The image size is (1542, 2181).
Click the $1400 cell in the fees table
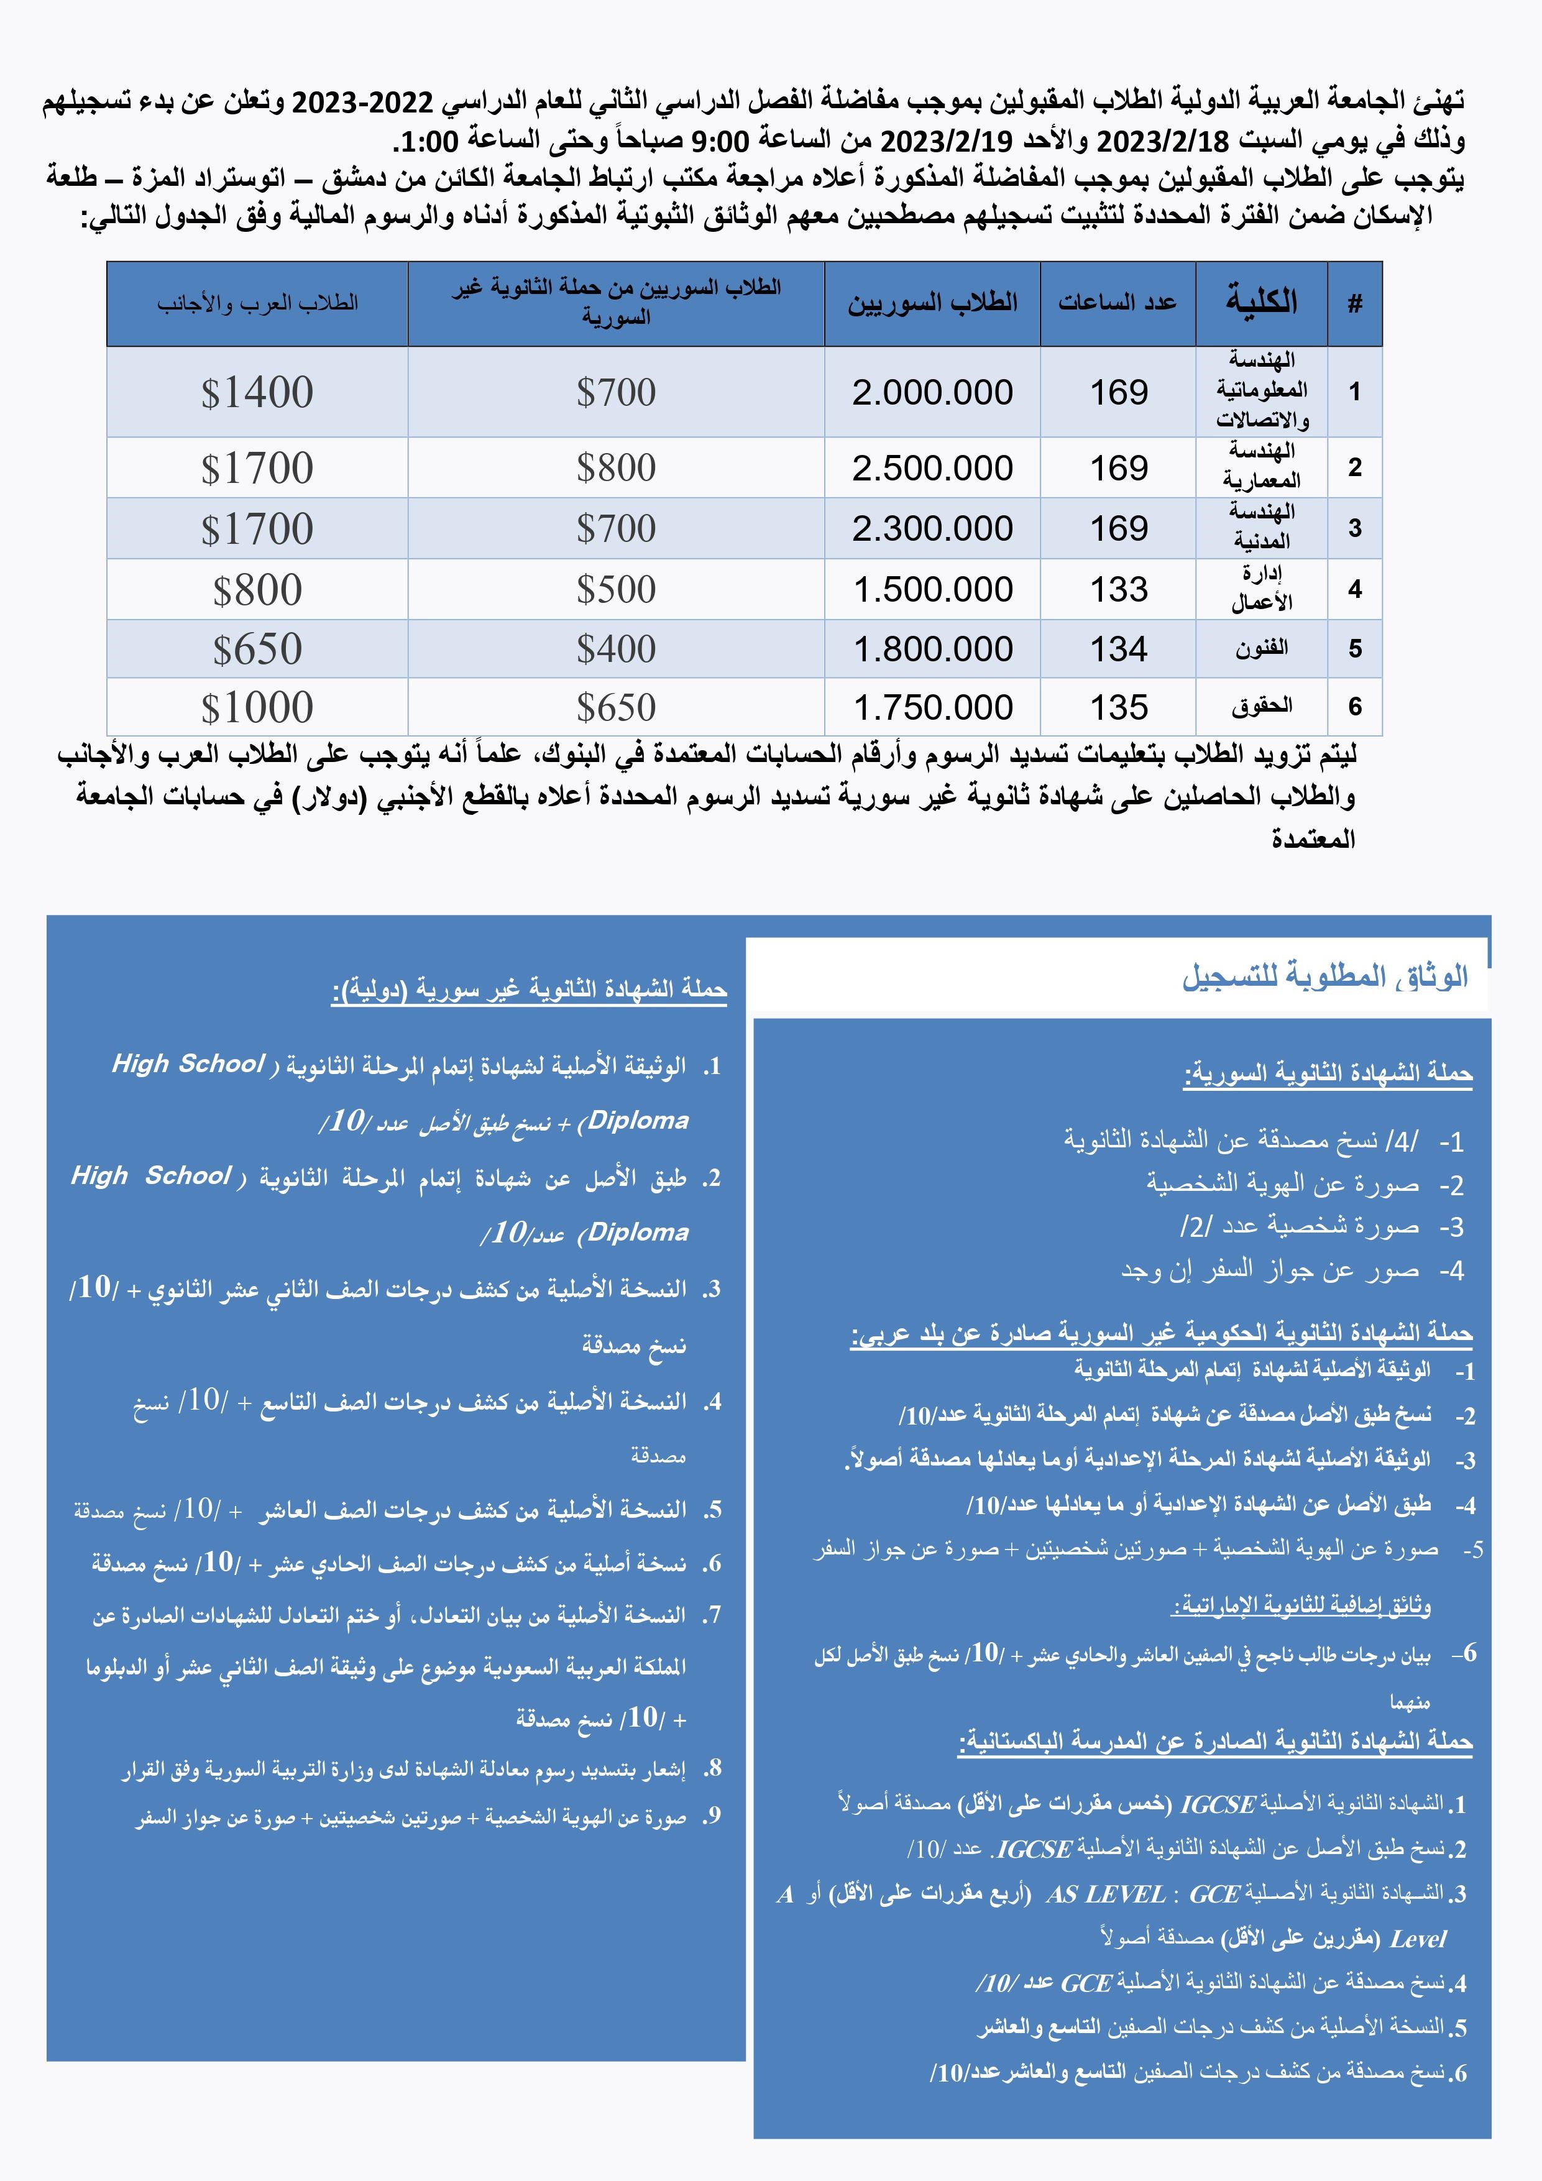tap(257, 392)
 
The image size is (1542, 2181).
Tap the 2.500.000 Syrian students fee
tap(932, 468)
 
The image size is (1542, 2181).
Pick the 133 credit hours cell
tap(1118, 590)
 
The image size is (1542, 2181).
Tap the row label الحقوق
tap(1262, 706)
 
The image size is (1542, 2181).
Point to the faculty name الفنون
tap(1262, 649)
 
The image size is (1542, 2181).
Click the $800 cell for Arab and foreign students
tap(257, 590)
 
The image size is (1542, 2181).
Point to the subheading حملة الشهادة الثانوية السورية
tap(1328, 1073)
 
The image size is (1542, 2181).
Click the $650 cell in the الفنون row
tap(257, 650)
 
